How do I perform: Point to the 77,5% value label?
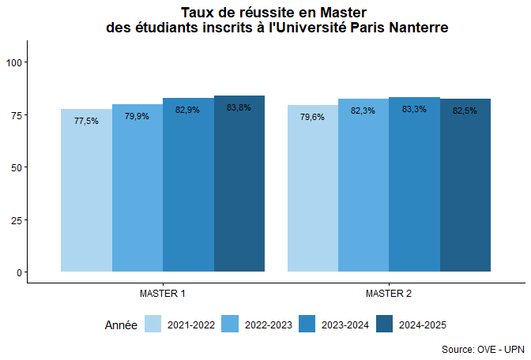pyautogui.click(x=86, y=121)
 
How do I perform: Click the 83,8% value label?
pyautogui.click(x=239, y=107)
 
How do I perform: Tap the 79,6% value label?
pyautogui.click(x=312, y=117)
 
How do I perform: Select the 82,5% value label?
pyautogui.click(x=465, y=111)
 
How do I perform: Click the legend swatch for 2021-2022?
pyautogui.click(x=153, y=324)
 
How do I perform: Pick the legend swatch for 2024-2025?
pyautogui.click(x=385, y=324)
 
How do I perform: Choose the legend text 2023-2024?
pyautogui.click(x=345, y=324)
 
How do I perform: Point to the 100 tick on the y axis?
pyautogui.click(x=16, y=62)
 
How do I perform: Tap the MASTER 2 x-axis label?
pyautogui.click(x=389, y=294)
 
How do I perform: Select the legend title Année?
pyautogui.click(x=121, y=324)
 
